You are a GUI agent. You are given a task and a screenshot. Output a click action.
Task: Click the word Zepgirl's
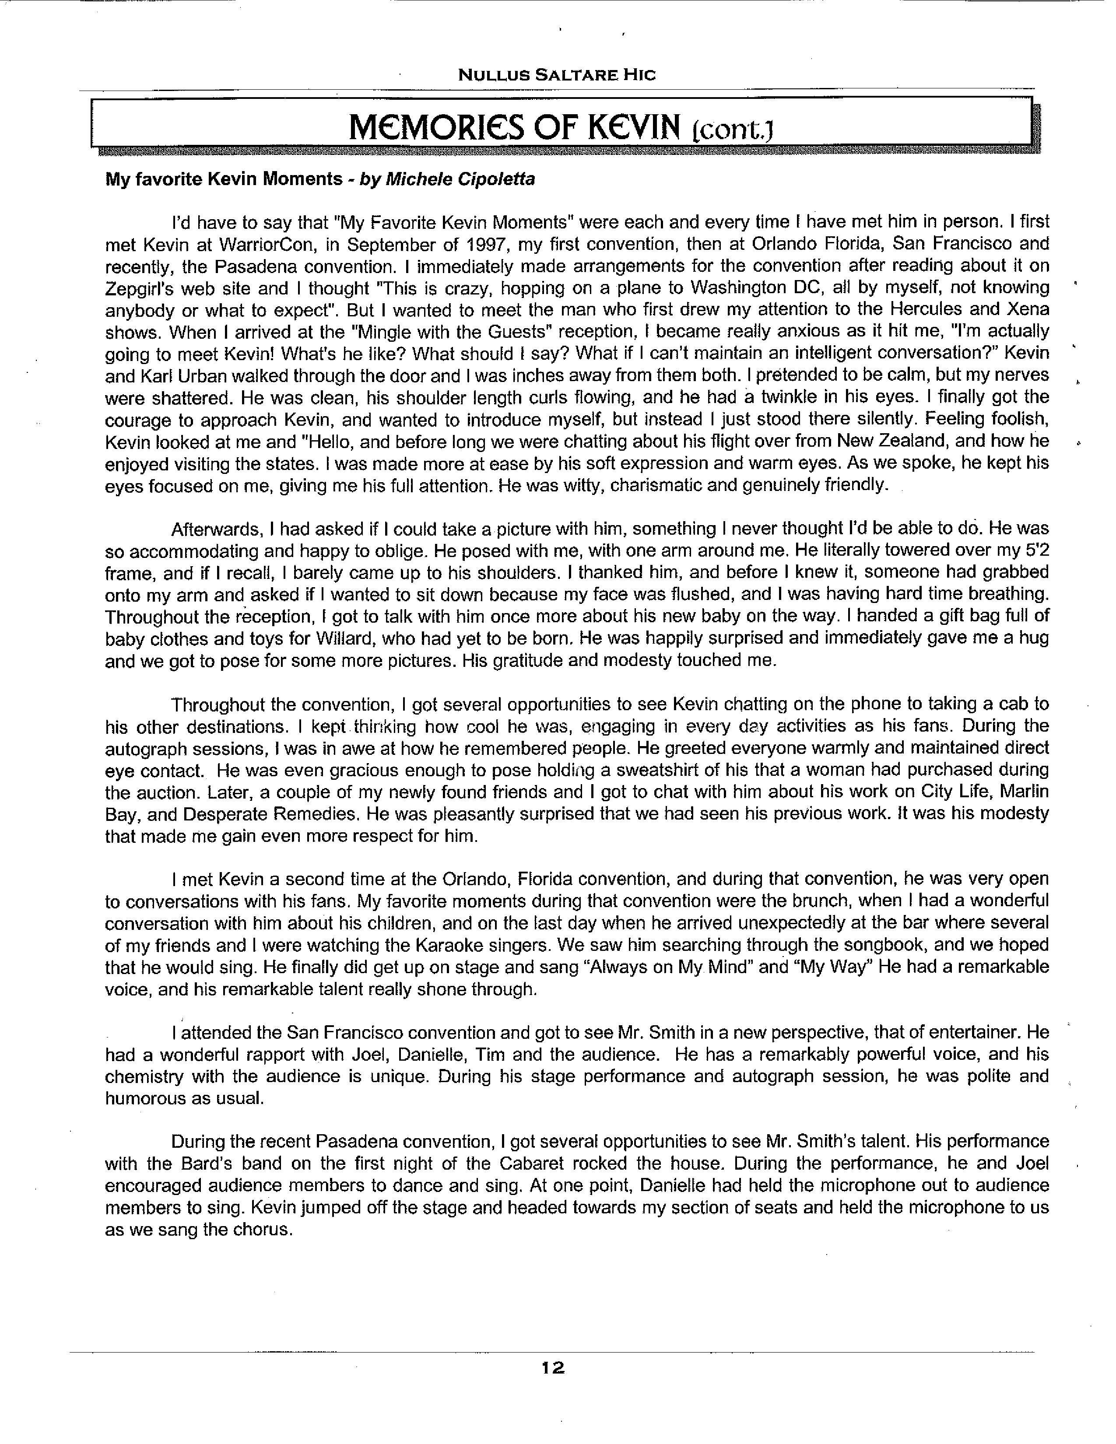(139, 289)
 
